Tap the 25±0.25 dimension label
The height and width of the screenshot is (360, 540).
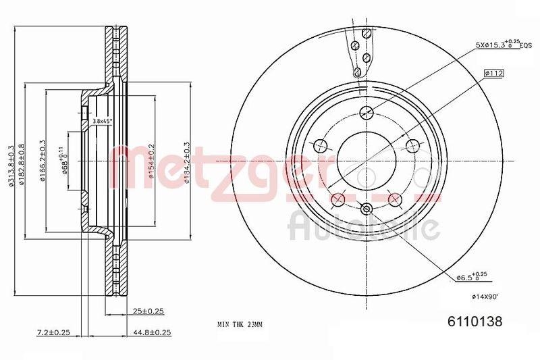pyautogui.click(x=148, y=311)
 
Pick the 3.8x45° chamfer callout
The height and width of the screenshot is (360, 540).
pyautogui.click(x=102, y=121)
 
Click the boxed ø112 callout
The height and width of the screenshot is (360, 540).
pyautogui.click(x=495, y=72)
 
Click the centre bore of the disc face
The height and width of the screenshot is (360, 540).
pyautogui.click(x=366, y=161)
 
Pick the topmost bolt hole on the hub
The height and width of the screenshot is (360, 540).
pyautogui.click(x=366, y=112)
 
